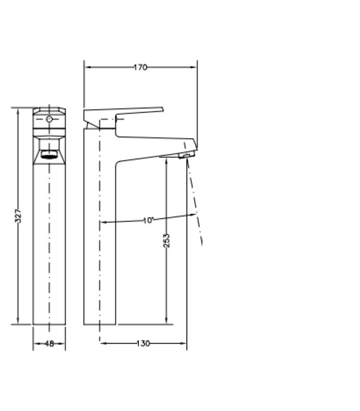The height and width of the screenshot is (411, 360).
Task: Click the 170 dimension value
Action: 141,68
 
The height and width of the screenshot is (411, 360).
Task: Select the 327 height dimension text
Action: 18,216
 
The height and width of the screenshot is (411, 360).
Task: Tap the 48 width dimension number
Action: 49,343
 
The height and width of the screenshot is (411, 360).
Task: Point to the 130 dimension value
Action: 143,343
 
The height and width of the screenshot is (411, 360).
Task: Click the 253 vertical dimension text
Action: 167,241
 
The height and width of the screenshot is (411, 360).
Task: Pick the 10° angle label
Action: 148,220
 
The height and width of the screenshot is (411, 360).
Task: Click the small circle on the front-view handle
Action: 49,119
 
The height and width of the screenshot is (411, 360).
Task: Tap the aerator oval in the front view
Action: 49,157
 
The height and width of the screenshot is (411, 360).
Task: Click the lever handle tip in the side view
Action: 162,110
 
